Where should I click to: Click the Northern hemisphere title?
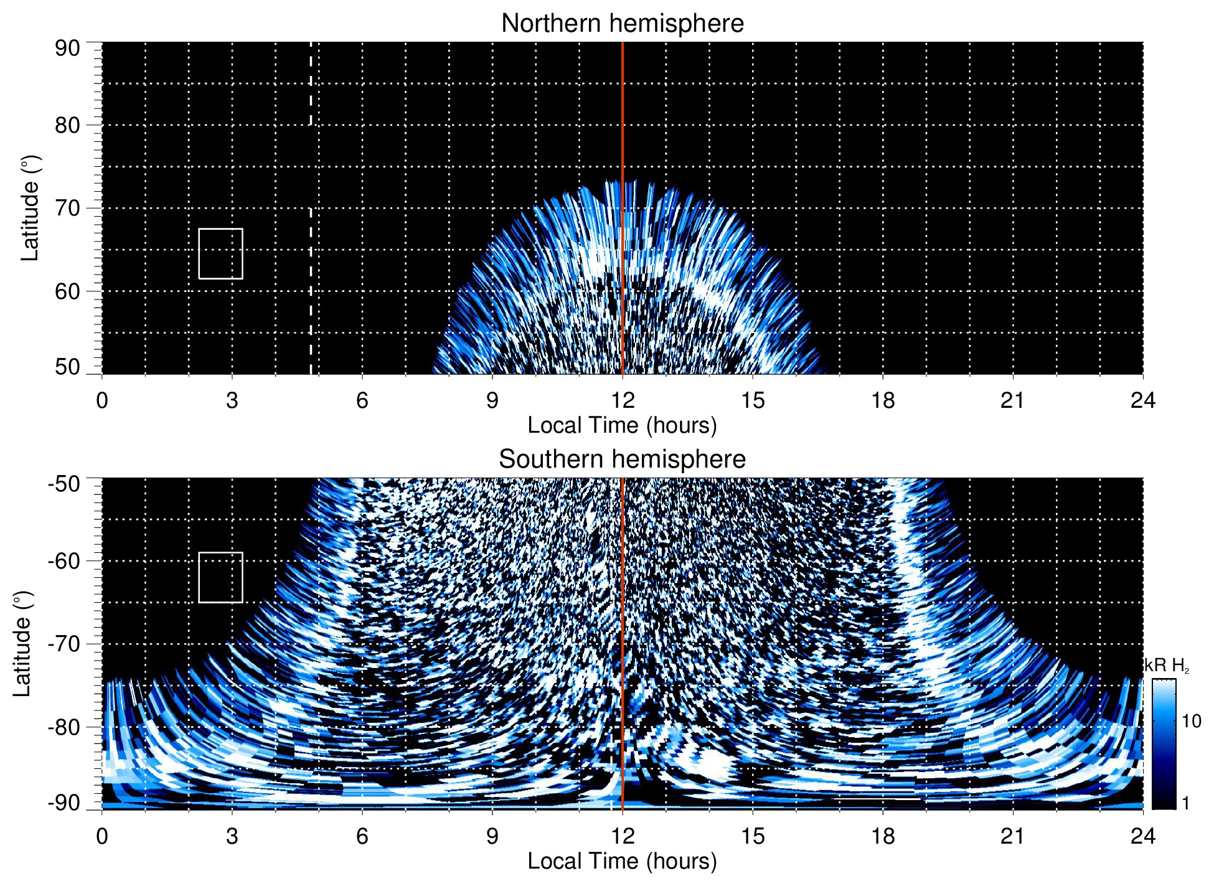point(622,24)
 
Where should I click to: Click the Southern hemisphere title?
point(622,459)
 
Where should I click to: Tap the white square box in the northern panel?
point(221,253)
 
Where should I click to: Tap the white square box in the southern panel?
point(221,577)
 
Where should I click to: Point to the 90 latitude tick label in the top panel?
point(67,49)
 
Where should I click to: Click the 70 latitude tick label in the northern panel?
point(67,208)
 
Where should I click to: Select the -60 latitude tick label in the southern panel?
point(64,561)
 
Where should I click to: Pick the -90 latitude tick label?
point(64,803)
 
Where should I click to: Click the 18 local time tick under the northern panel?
point(883,400)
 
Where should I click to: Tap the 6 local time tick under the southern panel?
point(362,836)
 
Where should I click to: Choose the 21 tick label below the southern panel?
point(1013,836)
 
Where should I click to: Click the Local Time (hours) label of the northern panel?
point(622,426)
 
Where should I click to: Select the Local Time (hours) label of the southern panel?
point(622,862)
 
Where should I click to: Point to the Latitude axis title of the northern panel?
point(29,208)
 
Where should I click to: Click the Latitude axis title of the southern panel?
point(22,644)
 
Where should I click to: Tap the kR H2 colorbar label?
point(1167,666)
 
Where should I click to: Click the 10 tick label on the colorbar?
point(1191,722)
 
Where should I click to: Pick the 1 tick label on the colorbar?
point(1185,803)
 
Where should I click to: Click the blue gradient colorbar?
point(1164,744)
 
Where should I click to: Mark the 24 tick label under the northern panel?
point(1143,400)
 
